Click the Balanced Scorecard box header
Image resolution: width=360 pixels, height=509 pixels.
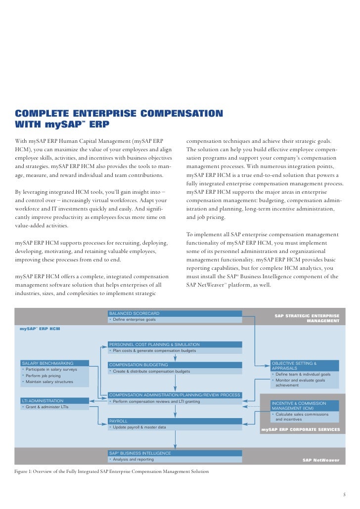[x=175, y=313]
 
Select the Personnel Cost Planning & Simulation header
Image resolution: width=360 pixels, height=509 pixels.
[x=175, y=344]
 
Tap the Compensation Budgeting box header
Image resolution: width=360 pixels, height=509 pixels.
[x=175, y=365]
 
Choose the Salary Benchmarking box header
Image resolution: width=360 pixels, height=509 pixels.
[x=54, y=363]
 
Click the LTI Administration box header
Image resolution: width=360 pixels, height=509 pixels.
[x=54, y=401]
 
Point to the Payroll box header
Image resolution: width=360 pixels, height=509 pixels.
[x=175, y=421]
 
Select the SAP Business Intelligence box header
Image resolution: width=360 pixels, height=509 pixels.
[x=175, y=453]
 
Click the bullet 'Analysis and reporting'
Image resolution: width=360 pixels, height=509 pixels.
[x=134, y=459]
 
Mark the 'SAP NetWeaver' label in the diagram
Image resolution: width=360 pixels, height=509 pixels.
[x=321, y=460]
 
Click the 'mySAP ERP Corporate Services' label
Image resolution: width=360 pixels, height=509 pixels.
[x=301, y=429]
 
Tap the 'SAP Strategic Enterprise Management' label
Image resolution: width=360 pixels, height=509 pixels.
[x=307, y=318]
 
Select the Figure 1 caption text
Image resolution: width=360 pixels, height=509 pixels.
[x=112, y=471]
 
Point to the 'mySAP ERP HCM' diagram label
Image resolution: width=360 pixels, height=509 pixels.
[x=40, y=328]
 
